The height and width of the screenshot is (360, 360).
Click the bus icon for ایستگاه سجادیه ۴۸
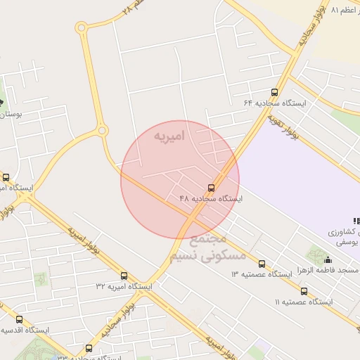click(211, 187)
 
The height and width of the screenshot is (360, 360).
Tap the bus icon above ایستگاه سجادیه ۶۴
click(274, 92)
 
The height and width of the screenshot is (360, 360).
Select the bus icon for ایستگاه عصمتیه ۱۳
click(262, 264)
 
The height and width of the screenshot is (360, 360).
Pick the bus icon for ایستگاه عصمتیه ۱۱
click(304, 291)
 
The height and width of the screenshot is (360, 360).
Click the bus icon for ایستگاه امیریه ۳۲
click(124, 276)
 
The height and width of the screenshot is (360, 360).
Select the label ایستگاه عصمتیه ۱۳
click(262, 274)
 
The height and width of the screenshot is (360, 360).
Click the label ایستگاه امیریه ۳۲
click(124, 286)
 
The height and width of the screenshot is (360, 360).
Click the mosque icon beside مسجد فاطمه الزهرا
click(328, 259)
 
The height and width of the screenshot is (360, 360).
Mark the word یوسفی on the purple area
click(349, 241)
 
